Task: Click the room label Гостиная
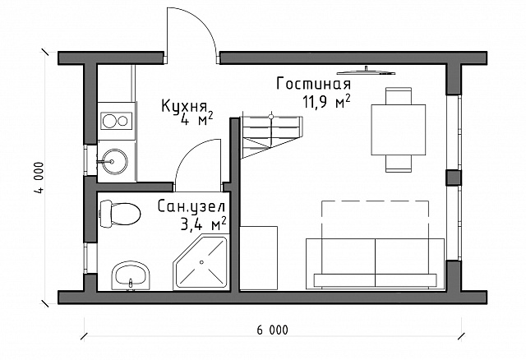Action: pos(314,84)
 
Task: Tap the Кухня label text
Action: pos(184,106)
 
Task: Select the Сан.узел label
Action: pos(191,206)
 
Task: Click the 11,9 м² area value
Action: pos(327,101)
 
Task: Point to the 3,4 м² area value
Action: pos(203,224)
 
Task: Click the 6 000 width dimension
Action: pos(272,330)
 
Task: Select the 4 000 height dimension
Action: pos(39,178)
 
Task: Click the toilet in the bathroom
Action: pos(120,214)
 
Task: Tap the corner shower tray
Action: pos(201,263)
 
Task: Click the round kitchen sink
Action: pos(114,162)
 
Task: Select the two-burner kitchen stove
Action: pos(117,121)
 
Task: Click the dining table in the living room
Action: pos(398,130)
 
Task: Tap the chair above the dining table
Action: pos(399,96)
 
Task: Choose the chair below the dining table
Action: pos(399,164)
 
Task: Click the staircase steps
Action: pos(271,136)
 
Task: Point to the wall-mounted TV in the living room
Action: pos(366,71)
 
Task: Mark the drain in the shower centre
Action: pos(201,262)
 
